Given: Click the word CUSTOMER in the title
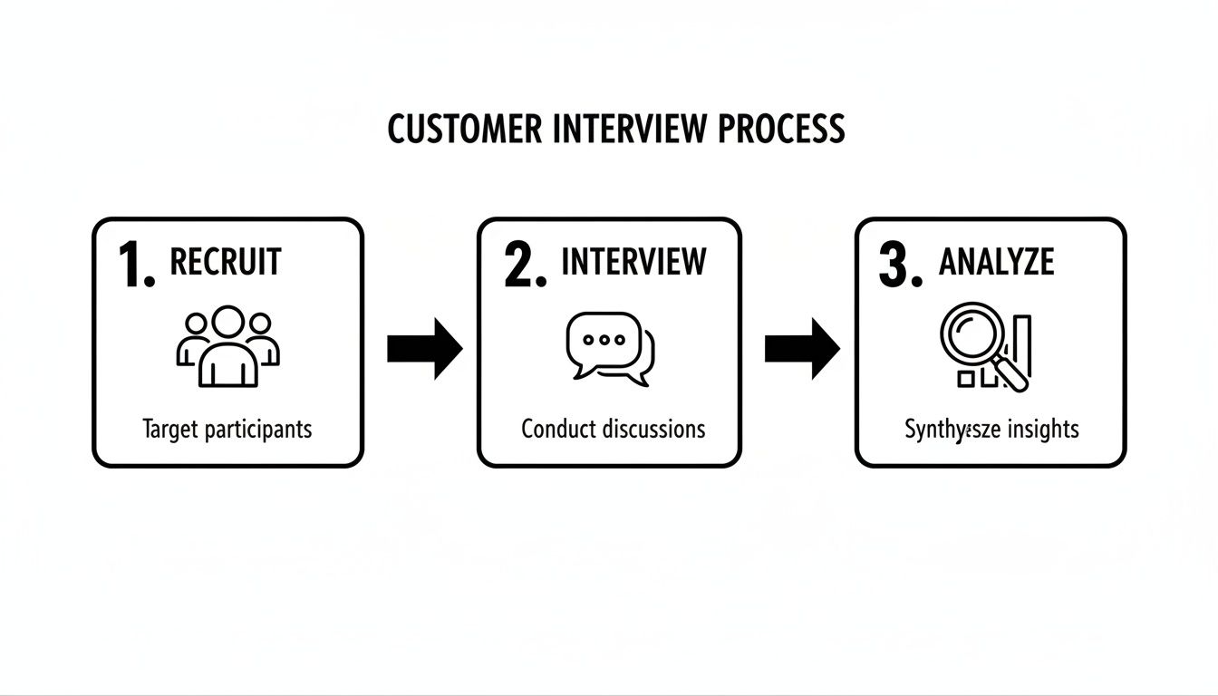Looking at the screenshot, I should (x=465, y=129).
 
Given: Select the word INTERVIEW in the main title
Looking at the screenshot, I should (x=630, y=129).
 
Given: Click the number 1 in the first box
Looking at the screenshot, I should (x=134, y=266).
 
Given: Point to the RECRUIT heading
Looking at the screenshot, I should (x=226, y=262).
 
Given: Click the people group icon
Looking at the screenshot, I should (x=227, y=346).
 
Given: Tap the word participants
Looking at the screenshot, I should (x=256, y=430).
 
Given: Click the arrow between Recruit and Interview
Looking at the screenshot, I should (x=424, y=348).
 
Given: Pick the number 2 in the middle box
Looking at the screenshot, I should (x=524, y=266).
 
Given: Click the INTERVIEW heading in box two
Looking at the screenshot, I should (x=633, y=262).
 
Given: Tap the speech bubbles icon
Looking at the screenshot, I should (x=609, y=348).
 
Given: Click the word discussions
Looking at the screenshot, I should (x=650, y=428).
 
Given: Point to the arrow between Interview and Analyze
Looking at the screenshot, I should (x=801, y=348).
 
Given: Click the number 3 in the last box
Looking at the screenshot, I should (x=899, y=266).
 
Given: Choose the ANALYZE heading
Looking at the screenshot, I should (x=996, y=262).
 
